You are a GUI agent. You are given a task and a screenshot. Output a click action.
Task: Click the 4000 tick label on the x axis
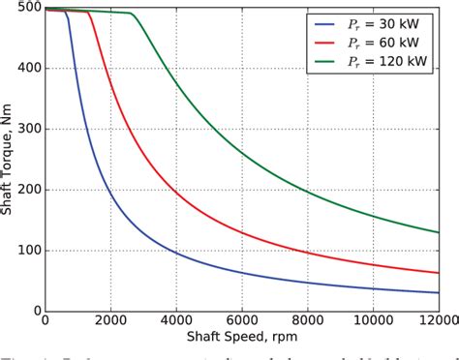click(x=175, y=323)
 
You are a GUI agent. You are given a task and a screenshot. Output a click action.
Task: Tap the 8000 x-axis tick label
click(x=307, y=323)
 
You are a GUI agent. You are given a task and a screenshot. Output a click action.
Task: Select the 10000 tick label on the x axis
click(x=372, y=323)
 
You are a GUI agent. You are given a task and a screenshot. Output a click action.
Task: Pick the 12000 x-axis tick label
click(x=436, y=323)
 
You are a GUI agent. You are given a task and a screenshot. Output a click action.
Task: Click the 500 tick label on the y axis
click(x=28, y=8)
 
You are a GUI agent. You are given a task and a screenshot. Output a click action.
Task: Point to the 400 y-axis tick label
click(x=28, y=69)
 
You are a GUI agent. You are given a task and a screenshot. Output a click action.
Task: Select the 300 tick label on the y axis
click(x=28, y=129)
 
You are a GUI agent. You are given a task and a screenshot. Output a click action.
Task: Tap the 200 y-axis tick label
click(x=28, y=190)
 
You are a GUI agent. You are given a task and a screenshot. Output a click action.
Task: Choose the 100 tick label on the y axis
click(x=28, y=251)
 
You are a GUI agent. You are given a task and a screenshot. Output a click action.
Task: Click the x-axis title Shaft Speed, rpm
click(x=241, y=338)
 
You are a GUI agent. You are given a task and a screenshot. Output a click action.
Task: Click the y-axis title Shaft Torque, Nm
click(x=9, y=159)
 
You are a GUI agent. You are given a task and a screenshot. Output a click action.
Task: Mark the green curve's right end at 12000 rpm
click(x=438, y=232)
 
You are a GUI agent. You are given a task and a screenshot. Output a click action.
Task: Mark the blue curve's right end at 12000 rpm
click(x=438, y=292)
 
